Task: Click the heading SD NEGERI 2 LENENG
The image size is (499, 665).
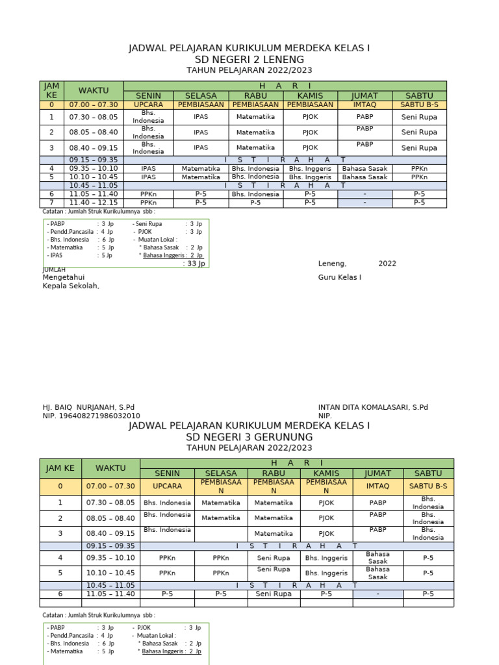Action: (249, 60)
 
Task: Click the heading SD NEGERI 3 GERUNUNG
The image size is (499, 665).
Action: (249, 437)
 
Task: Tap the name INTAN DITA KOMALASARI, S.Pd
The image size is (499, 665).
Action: (373, 407)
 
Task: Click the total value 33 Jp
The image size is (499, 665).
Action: (194, 264)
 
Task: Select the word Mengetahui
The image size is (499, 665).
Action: (64, 277)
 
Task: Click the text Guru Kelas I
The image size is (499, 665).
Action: (339, 277)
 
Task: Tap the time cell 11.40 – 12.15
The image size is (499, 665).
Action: (94, 203)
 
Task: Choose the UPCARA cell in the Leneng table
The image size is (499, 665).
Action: (149, 104)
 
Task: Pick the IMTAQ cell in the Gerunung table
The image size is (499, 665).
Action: (377, 486)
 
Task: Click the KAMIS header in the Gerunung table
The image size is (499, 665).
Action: (326, 473)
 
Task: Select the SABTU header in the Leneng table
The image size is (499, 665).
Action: (419, 95)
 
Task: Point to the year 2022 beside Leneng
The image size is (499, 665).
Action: (387, 264)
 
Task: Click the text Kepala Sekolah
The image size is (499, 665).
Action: (71, 286)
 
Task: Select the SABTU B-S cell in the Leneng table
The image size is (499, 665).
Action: (419, 104)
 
